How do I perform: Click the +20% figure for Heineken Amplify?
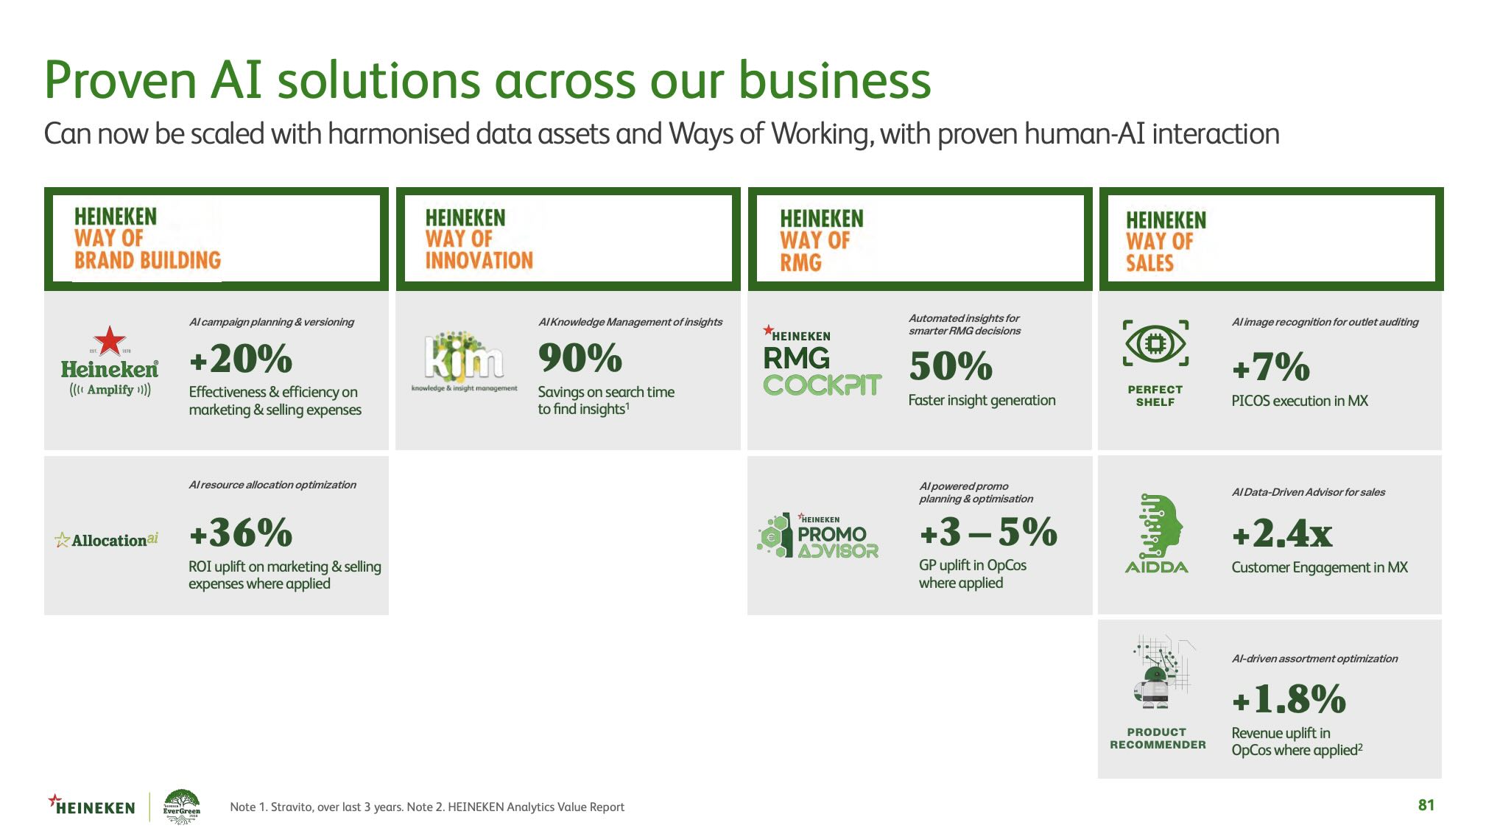(x=241, y=360)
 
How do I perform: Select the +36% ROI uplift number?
(x=241, y=532)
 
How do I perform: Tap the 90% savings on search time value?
(x=580, y=359)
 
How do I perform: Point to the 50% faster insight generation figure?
(x=951, y=366)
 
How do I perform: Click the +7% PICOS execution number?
(x=1271, y=367)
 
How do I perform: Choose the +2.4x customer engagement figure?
(x=1282, y=533)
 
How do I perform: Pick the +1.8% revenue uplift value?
(x=1289, y=699)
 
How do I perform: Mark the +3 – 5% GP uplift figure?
(x=988, y=532)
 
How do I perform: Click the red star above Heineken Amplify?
(x=110, y=340)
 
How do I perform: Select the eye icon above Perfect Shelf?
(x=1155, y=343)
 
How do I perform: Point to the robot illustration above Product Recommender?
(x=1160, y=672)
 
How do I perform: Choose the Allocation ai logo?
(x=107, y=540)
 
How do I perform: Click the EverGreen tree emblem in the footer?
(x=182, y=806)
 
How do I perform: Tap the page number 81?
(x=1426, y=805)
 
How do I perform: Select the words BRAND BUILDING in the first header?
(x=147, y=260)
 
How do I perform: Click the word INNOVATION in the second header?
(x=479, y=260)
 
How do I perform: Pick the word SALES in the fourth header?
(x=1149, y=263)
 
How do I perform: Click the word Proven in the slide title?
(x=120, y=80)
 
